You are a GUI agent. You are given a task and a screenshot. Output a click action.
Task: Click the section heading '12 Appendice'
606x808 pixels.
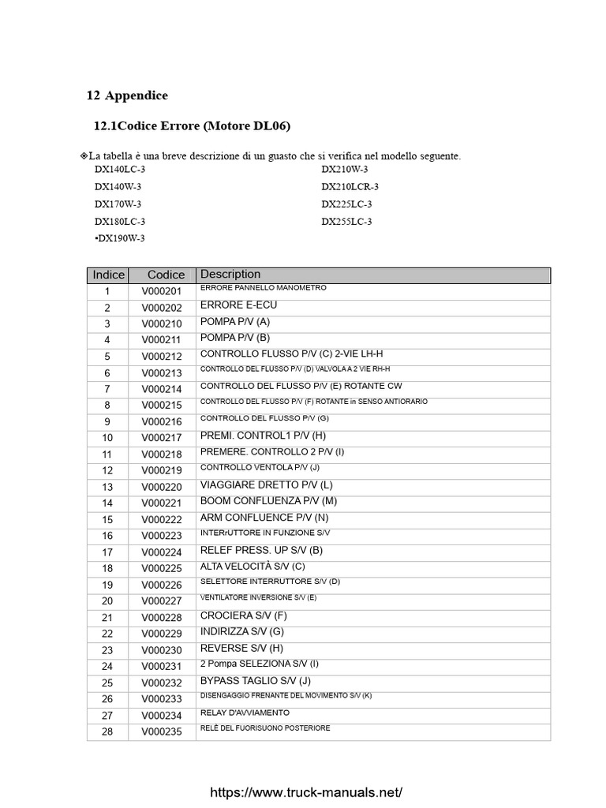(x=126, y=95)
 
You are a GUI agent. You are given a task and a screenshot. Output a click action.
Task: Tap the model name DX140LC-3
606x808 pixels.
(x=120, y=170)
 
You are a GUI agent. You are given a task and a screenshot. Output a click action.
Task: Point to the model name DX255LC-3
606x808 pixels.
(x=346, y=222)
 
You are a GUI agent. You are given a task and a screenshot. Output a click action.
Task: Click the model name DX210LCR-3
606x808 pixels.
(x=350, y=187)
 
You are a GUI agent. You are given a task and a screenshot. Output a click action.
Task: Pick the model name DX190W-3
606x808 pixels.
(x=120, y=238)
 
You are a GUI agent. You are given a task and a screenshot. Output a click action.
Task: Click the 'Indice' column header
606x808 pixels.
(x=109, y=275)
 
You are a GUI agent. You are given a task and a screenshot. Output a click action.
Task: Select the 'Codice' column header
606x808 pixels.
(x=166, y=275)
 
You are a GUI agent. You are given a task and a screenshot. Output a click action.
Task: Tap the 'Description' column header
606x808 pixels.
(x=230, y=275)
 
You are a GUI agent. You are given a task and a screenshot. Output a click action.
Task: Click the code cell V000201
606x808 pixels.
(x=162, y=291)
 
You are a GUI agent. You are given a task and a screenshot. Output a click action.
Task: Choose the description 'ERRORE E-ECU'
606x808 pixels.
(x=238, y=305)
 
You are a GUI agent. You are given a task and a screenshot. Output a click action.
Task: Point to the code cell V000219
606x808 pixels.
(x=162, y=470)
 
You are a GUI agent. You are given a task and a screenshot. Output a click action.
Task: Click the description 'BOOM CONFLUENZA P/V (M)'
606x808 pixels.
(x=268, y=501)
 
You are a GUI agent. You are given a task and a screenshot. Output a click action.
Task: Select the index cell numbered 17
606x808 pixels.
(x=107, y=552)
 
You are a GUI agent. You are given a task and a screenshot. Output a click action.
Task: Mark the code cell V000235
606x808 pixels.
(x=162, y=731)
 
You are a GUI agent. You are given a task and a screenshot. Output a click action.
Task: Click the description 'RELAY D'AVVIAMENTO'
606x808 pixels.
(x=245, y=713)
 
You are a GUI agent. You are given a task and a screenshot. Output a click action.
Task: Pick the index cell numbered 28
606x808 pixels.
(x=107, y=731)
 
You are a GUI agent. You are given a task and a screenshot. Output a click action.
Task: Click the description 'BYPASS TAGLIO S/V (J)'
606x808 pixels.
(x=256, y=680)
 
